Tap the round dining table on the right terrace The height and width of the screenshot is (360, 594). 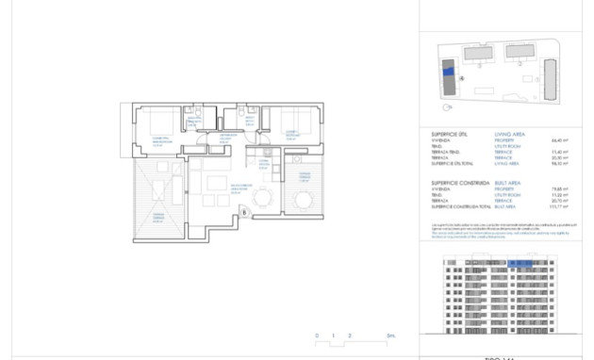[304, 199]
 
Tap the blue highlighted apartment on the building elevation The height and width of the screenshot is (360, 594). [520, 265]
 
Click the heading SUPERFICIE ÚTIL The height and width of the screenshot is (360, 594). [449, 135]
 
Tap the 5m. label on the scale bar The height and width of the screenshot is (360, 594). [390, 335]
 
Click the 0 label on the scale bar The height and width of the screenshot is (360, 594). [318, 335]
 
